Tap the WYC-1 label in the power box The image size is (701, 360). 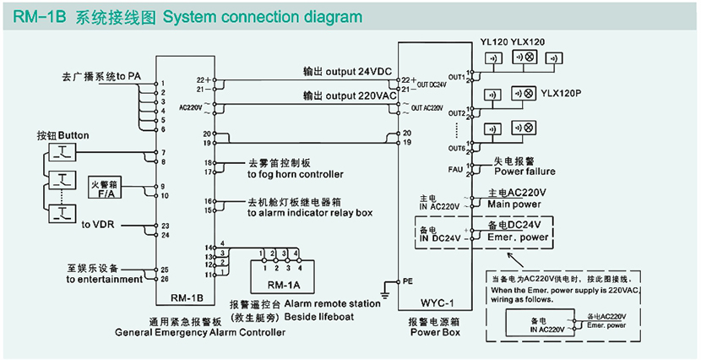click(438, 302)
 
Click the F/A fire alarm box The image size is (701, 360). click(106, 188)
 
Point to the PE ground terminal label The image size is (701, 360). click(407, 279)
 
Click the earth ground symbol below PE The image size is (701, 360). click(386, 292)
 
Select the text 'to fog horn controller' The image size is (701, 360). click(296, 174)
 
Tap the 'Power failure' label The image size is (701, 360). click(525, 172)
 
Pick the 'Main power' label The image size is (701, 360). click(514, 203)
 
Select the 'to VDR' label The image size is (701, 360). click(98, 226)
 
